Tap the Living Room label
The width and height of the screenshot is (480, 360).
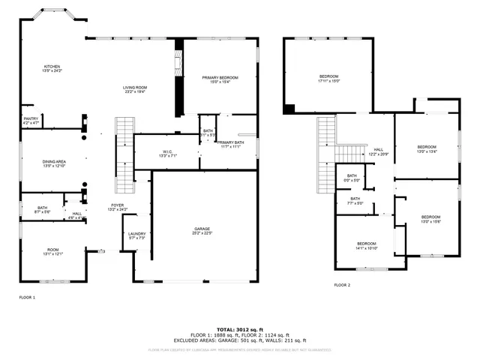click(x=136, y=90)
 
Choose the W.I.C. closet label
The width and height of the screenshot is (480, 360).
click(x=167, y=154)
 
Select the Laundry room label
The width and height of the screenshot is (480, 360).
click(x=136, y=235)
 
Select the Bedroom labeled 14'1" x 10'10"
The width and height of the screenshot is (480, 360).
click(x=367, y=245)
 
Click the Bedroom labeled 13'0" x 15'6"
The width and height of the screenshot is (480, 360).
click(x=430, y=219)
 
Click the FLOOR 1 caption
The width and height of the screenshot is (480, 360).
click(x=27, y=298)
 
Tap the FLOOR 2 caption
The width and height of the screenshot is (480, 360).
click(x=342, y=285)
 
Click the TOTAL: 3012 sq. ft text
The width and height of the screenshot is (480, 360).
click(x=239, y=329)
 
